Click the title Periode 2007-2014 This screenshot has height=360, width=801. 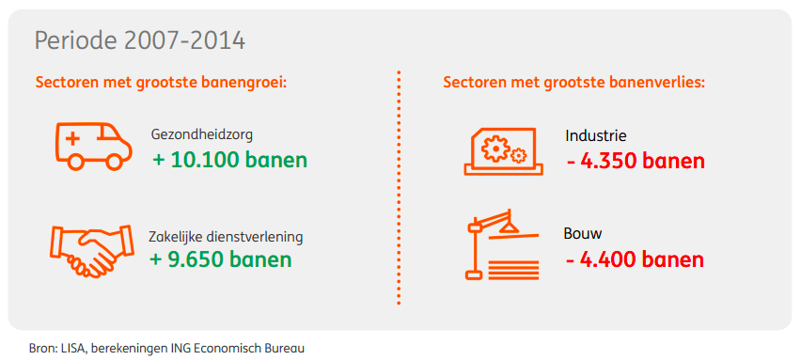[x=139, y=41]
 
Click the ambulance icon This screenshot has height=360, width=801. [x=93, y=146]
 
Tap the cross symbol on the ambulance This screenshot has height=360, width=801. [x=73, y=138]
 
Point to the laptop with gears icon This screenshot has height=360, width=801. [x=503, y=151]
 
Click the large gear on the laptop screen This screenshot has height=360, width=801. [x=495, y=149]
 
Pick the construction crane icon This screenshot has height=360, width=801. [x=503, y=244]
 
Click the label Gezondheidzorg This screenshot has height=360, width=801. [x=202, y=136]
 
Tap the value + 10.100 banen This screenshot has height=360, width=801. [x=230, y=160]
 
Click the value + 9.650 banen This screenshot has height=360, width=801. [x=221, y=258]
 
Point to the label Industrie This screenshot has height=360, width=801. [x=596, y=136]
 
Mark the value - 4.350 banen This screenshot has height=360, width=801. [x=636, y=162]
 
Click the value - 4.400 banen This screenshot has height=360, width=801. [x=635, y=259]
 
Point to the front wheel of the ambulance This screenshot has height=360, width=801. [x=114, y=162]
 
